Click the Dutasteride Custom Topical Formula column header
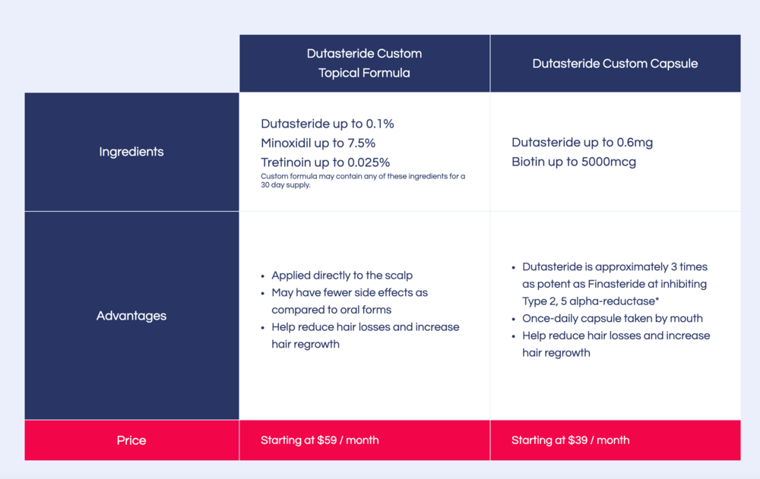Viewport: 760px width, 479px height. (x=364, y=63)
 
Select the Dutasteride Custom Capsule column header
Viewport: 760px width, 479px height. (x=615, y=64)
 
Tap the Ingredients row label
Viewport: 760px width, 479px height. (x=131, y=152)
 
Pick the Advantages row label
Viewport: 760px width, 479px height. (x=131, y=316)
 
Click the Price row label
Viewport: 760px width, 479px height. (x=131, y=440)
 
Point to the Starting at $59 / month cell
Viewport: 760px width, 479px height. (x=319, y=440)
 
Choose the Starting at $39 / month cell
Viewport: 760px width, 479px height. (x=570, y=440)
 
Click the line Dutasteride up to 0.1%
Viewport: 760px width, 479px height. (x=327, y=124)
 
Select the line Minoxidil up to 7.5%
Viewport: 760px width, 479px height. (x=318, y=143)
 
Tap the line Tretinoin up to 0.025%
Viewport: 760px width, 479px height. (x=325, y=162)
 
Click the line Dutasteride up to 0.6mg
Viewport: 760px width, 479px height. (x=582, y=143)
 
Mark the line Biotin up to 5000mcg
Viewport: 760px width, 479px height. (x=574, y=162)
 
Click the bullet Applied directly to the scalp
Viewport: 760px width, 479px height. (x=342, y=276)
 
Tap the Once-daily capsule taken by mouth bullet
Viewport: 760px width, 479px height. (x=612, y=318)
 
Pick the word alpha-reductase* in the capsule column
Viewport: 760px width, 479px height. (x=615, y=301)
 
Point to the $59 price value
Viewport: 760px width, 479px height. (x=349, y=440)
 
